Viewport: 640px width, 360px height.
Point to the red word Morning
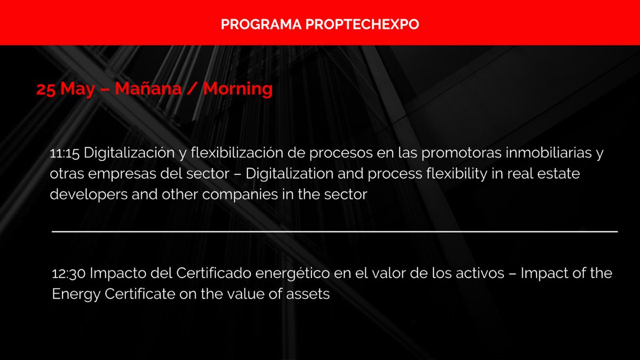click(x=238, y=89)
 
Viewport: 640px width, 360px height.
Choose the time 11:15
click(x=65, y=154)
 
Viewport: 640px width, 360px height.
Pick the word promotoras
click(x=452, y=154)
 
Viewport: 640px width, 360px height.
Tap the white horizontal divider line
click(x=335, y=231)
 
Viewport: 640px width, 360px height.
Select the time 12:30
click(x=69, y=274)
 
